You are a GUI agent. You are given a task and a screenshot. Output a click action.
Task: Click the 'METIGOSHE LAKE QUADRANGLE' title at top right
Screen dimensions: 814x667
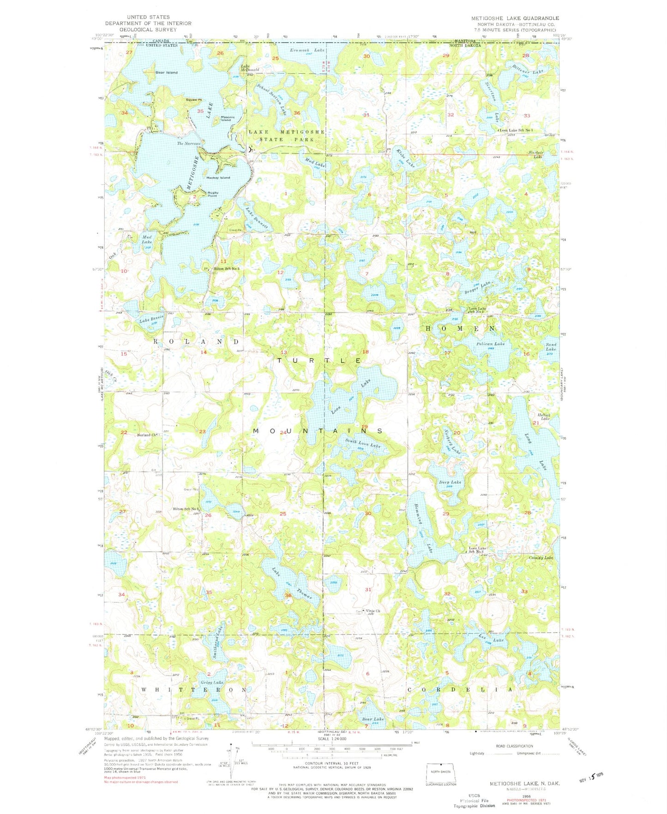tap(515, 18)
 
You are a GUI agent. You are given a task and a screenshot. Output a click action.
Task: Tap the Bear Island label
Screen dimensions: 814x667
tap(166, 72)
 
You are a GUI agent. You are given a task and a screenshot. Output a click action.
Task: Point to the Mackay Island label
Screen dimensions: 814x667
tap(218, 178)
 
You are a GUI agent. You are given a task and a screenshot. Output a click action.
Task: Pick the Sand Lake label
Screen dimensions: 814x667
tap(551, 347)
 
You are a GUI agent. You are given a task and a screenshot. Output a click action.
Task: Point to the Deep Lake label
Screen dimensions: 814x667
tap(450, 482)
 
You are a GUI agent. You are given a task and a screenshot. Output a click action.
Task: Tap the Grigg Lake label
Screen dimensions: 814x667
tap(212, 682)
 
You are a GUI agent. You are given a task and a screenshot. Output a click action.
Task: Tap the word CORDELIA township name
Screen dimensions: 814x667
tap(460, 689)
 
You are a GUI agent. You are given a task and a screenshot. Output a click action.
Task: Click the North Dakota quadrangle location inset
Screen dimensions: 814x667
tap(440, 772)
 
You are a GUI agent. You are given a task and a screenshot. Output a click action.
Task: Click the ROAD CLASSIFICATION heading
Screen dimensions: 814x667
tap(514, 746)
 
